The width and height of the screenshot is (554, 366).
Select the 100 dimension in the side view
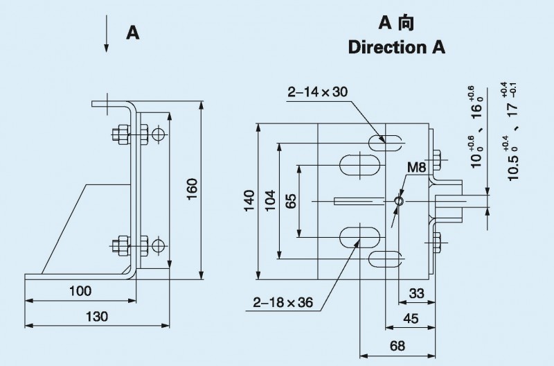tap(80, 292)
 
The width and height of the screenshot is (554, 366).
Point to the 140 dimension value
tap(248, 201)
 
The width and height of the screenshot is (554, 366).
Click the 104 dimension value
tap(270, 200)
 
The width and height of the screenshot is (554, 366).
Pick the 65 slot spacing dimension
tap(291, 201)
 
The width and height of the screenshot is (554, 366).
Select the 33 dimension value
tap(416, 293)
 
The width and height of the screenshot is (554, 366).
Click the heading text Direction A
tap(396, 48)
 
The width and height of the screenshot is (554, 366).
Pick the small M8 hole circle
tap(398, 201)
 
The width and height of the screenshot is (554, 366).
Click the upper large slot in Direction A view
tap(358, 166)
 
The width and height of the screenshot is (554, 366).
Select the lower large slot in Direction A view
tap(358, 236)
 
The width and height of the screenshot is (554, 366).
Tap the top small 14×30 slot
tap(386, 143)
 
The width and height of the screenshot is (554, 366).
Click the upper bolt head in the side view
tap(119, 133)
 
